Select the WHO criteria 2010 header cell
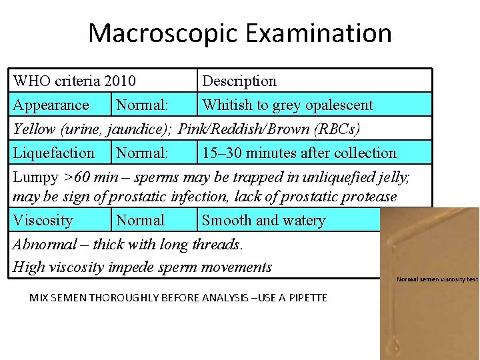pyautogui.click(x=75, y=81)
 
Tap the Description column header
pyautogui.click(x=239, y=81)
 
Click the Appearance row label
pyautogui.click(x=51, y=105)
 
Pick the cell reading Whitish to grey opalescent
pyautogui.click(x=287, y=105)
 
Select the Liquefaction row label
pyautogui.click(x=54, y=153)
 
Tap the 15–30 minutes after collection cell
pyautogui.click(x=299, y=153)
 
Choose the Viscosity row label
pyautogui.click(x=43, y=221)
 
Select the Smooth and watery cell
pyautogui.click(x=263, y=221)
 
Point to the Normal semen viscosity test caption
pyautogui.click(x=437, y=279)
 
